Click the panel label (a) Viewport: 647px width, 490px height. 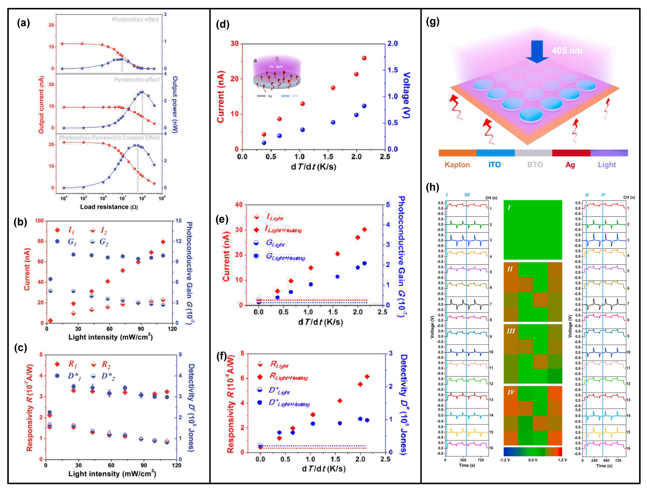23,23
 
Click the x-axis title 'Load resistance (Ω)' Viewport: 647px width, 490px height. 109,207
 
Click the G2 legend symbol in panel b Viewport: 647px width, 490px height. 92,242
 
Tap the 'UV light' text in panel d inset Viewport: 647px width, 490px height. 276,67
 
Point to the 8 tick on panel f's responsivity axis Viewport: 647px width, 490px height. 242,353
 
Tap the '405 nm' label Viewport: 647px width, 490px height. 567,51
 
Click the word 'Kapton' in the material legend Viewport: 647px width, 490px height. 457,165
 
